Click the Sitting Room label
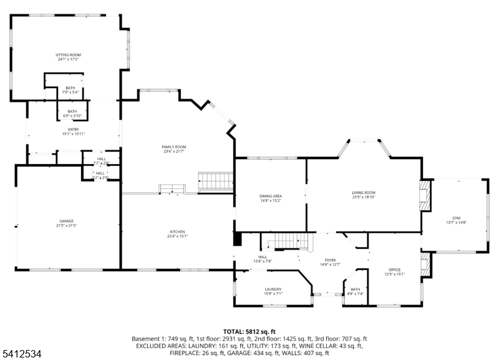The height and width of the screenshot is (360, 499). click(x=68, y=57)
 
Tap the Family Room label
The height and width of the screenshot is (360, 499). click(x=174, y=149)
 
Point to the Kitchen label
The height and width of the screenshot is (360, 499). click(x=177, y=234)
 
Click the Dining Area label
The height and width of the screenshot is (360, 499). click(x=270, y=198)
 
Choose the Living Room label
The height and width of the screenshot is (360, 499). click(x=364, y=195)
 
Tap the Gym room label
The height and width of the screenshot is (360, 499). click(x=456, y=220)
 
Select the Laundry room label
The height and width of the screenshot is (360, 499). click(x=273, y=291)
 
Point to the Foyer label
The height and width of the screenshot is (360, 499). click(x=330, y=262)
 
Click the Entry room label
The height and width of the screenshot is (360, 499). click(x=73, y=132)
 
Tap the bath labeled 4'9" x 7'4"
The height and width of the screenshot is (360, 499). click(x=355, y=291)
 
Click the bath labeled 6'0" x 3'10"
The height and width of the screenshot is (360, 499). click(x=72, y=114)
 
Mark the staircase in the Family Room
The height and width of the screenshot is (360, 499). click(x=215, y=182)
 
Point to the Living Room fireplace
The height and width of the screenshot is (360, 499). click(x=425, y=195)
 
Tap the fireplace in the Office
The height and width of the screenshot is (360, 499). click(x=426, y=263)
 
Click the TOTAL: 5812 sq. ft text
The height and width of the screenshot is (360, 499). click(x=249, y=331)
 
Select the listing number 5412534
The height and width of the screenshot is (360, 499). click(x=21, y=354)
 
